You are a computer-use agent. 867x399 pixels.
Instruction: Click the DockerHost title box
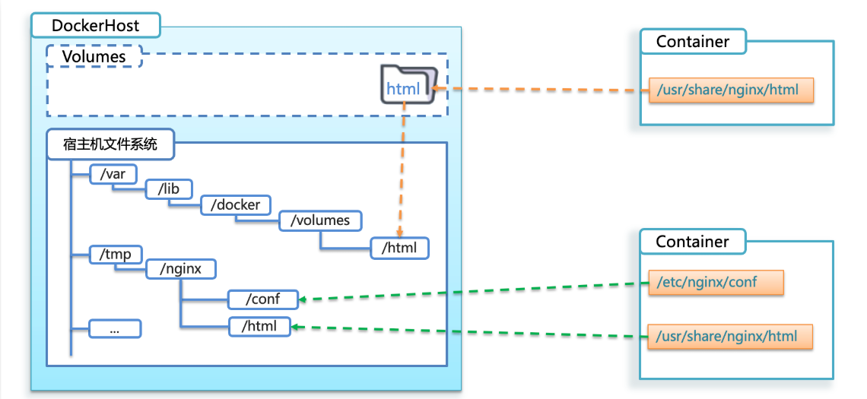click(95, 26)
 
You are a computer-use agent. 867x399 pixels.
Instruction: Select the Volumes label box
click(94, 56)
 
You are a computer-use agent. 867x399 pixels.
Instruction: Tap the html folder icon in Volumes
click(409, 87)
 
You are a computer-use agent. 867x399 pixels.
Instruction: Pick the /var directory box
click(113, 174)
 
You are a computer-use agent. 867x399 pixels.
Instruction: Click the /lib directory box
click(169, 189)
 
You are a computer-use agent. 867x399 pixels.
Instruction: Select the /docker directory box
click(235, 205)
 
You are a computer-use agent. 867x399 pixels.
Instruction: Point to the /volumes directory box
click(319, 220)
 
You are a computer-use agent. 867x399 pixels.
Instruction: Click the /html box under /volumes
click(399, 248)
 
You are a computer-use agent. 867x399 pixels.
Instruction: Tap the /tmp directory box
click(111, 254)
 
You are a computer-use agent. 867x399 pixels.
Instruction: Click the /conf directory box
click(262, 299)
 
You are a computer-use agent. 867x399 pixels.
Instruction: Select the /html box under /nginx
click(260, 327)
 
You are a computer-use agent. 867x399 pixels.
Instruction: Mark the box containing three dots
click(115, 328)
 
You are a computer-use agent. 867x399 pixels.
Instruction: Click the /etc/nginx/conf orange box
click(714, 283)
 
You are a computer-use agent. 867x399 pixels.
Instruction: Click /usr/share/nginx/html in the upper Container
click(730, 90)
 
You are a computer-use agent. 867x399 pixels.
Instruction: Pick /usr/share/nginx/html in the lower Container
click(730, 335)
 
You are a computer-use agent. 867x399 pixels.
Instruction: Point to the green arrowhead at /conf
click(302, 299)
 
